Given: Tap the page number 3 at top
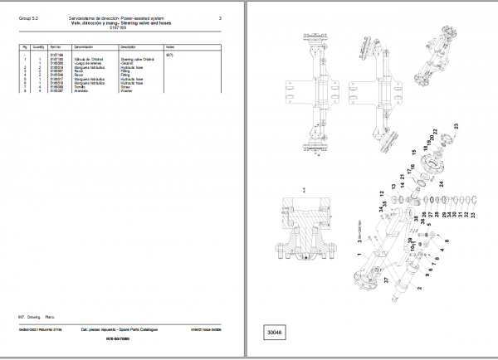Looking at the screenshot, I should pos(220,18).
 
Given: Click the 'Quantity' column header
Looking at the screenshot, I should pos(40,47).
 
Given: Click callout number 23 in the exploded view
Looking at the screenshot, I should pos(456,125).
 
